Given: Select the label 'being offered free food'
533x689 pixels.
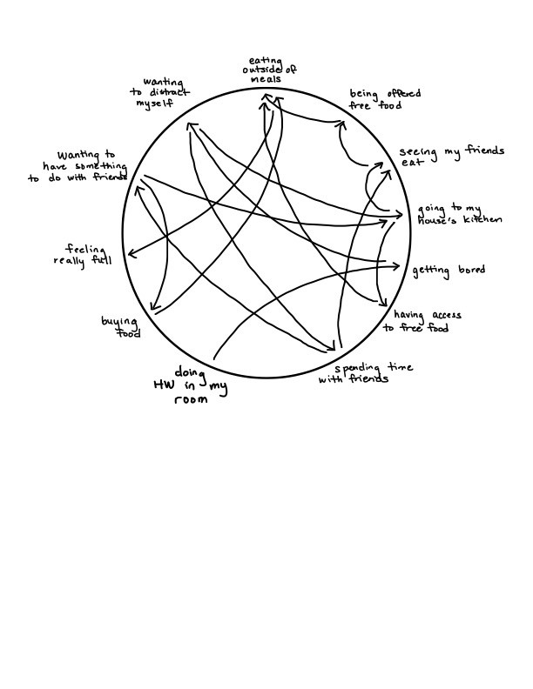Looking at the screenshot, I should coord(376,99).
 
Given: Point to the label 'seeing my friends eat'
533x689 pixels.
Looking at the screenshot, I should coord(451,157).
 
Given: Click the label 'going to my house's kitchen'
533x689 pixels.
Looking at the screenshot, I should coord(459,214).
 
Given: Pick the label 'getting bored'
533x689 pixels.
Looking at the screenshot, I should coord(449,271).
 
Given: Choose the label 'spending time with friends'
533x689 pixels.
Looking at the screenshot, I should coord(354,374).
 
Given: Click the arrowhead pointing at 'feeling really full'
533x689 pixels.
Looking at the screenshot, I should coord(130,254).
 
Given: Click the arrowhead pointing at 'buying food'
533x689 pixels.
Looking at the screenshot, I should coord(153,308).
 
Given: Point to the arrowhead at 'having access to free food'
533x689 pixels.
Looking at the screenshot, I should coord(384,302).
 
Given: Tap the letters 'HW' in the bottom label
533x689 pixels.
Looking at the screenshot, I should coord(162,385).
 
